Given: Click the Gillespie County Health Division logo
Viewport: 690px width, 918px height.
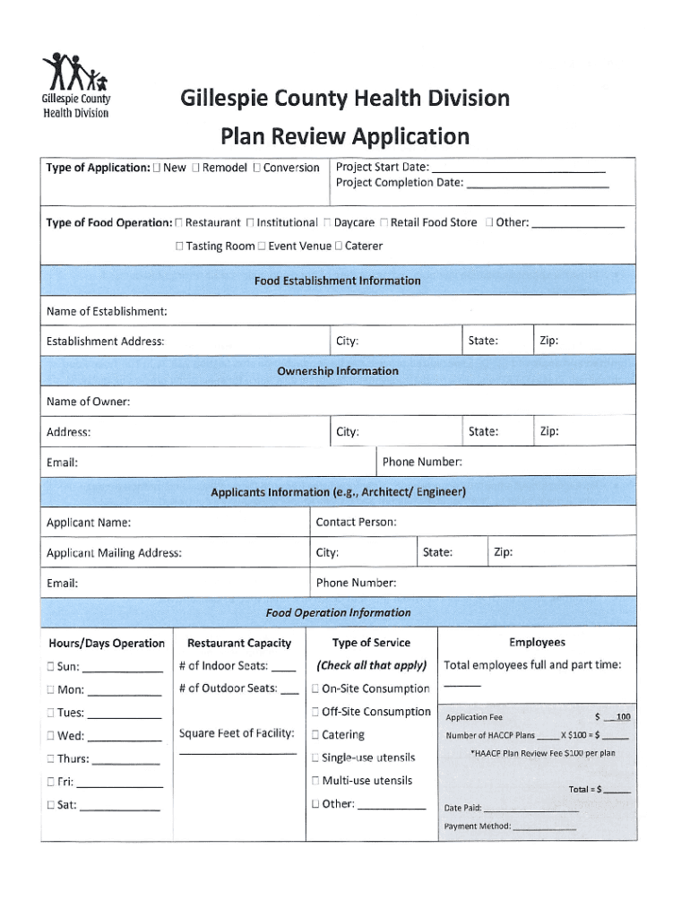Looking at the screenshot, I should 76,85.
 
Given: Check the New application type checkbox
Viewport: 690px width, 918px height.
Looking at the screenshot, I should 158,168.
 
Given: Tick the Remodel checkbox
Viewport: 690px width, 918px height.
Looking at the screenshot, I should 197,168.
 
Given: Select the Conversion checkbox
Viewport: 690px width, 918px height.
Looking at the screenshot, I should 257,168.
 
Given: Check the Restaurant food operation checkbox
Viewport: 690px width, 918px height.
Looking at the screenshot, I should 180,222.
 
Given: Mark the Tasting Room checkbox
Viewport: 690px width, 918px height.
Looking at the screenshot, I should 180,246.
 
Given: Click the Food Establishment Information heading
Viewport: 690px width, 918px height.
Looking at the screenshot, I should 337,281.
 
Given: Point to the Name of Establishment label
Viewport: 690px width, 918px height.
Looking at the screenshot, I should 107,311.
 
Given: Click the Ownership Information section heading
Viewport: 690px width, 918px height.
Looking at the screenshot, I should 337,371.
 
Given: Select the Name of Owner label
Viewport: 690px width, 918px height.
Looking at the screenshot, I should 88,402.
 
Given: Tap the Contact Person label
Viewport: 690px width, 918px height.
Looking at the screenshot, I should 356,522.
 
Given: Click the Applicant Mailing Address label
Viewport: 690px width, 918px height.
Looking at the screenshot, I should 114,552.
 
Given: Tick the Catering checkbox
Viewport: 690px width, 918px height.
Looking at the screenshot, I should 315,735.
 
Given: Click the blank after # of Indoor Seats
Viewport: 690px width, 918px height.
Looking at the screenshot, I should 283,667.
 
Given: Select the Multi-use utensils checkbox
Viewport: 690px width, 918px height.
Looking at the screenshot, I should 315,781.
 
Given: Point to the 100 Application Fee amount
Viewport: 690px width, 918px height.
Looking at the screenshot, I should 622,717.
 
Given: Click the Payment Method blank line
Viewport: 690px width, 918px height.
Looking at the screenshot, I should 545,827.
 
